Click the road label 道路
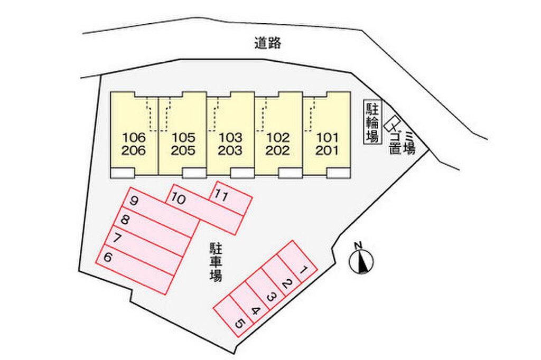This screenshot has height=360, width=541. point(268,43)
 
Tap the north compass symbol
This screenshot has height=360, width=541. point(361,260)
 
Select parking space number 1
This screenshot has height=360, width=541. point(297,262)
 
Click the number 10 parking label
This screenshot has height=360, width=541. point(179,200)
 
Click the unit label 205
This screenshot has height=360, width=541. point(183,150)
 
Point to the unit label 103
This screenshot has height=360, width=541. point(230,138)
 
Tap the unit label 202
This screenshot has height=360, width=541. point(278,150)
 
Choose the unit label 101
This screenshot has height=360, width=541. point(327,138)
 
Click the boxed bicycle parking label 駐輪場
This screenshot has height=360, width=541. point(372,122)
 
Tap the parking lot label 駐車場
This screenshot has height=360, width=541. point(216,262)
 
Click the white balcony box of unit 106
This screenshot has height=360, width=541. point(122,173)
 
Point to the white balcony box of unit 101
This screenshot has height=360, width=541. point(339,173)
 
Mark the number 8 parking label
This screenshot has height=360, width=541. point(125,219)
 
